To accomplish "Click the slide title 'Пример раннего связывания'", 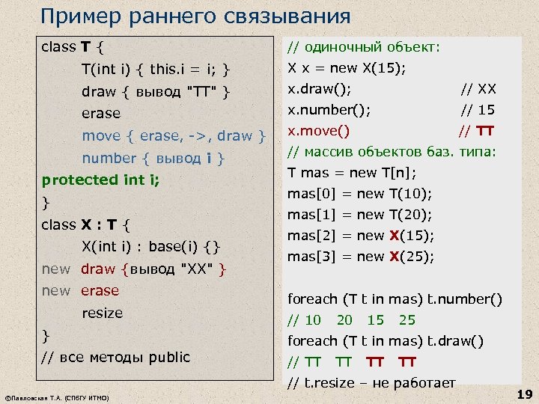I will pyautogui.click(x=195, y=16).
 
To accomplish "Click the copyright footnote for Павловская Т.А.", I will pyautogui.click(x=57, y=397).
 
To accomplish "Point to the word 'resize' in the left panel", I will pyautogui.click(x=102, y=313).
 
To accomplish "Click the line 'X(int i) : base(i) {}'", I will pyautogui.click(x=150, y=247).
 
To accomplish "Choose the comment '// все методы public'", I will pyautogui.click(x=116, y=357).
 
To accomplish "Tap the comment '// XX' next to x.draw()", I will pyautogui.click(x=478, y=90).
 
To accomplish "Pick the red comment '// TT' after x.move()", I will pyautogui.click(x=476, y=132).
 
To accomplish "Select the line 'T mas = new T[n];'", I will pyautogui.click(x=352, y=173).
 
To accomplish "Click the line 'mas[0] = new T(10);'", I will pyautogui.click(x=360, y=194).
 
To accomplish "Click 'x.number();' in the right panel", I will pyautogui.click(x=329, y=111).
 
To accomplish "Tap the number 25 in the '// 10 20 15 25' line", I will pyautogui.click(x=406, y=320).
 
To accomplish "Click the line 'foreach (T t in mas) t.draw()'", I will pyautogui.click(x=386, y=341).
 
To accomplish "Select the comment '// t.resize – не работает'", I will pyautogui.click(x=371, y=384).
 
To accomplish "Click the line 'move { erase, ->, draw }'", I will pyautogui.click(x=174, y=135).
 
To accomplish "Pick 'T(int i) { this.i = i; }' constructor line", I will pyautogui.click(x=155, y=70).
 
